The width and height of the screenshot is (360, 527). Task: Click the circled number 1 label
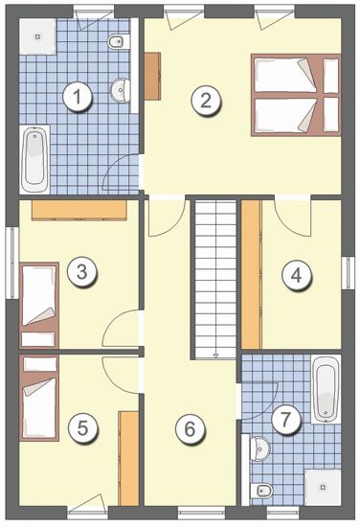pyautogui.click(x=78, y=98)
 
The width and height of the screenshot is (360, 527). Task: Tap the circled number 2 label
pyautogui.click(x=206, y=101)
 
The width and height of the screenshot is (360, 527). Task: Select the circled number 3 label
pyautogui.click(x=82, y=272)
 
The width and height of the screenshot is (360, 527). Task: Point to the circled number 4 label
pyautogui.click(x=296, y=276)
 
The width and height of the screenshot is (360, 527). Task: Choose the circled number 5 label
pyautogui.click(x=82, y=428)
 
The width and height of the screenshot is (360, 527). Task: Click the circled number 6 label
pyautogui.click(x=190, y=429)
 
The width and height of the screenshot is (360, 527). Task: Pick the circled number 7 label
pyautogui.click(x=285, y=419)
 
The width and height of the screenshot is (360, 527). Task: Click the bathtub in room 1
pyautogui.click(x=34, y=159)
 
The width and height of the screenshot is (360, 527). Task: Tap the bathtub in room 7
pyautogui.click(x=326, y=389)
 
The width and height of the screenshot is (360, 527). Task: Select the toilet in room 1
pyautogui.click(x=119, y=41)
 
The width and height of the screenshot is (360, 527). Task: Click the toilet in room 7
pyautogui.click(x=261, y=491)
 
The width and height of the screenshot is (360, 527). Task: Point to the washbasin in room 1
pyautogui.click(x=121, y=90)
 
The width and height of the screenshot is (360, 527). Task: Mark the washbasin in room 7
pyautogui.click(x=259, y=448)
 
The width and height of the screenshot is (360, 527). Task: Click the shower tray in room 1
pyautogui.click(x=37, y=36)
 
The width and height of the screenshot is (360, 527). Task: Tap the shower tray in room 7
pyautogui.click(x=323, y=487)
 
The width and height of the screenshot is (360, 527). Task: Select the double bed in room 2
pyautogui.click(x=296, y=95)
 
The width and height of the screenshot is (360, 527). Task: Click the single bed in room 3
pyautogui.click(x=39, y=305)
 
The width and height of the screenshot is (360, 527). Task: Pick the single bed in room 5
pyautogui.click(x=39, y=398)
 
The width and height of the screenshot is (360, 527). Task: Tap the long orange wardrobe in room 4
pyautogui.click(x=252, y=274)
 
